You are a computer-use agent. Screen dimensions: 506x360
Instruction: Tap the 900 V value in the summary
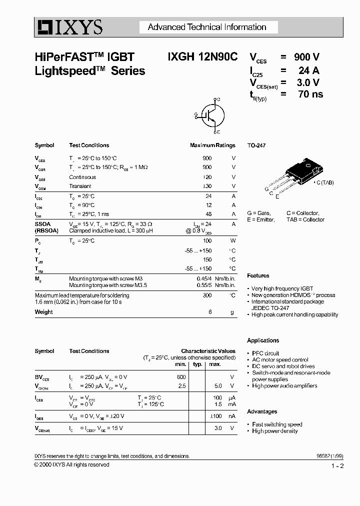306,57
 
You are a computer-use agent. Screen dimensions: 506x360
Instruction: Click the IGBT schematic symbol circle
212,115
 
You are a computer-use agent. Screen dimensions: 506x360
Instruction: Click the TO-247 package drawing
298,173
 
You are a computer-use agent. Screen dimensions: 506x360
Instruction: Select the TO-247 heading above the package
256,145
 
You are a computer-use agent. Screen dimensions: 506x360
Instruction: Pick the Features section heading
258,275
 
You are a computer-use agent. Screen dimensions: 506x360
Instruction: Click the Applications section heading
263,340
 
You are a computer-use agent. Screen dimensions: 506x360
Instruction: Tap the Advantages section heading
262,411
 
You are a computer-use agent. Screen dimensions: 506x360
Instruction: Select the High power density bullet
274,431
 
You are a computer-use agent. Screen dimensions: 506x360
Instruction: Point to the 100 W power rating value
207,241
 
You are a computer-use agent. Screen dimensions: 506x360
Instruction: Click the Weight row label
43,312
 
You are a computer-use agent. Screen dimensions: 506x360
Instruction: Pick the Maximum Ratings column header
212,145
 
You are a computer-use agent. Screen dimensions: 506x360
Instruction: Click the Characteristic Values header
208,351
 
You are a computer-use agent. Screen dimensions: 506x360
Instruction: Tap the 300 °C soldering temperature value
207,295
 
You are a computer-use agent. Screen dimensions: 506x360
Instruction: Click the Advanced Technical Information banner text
207,27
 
